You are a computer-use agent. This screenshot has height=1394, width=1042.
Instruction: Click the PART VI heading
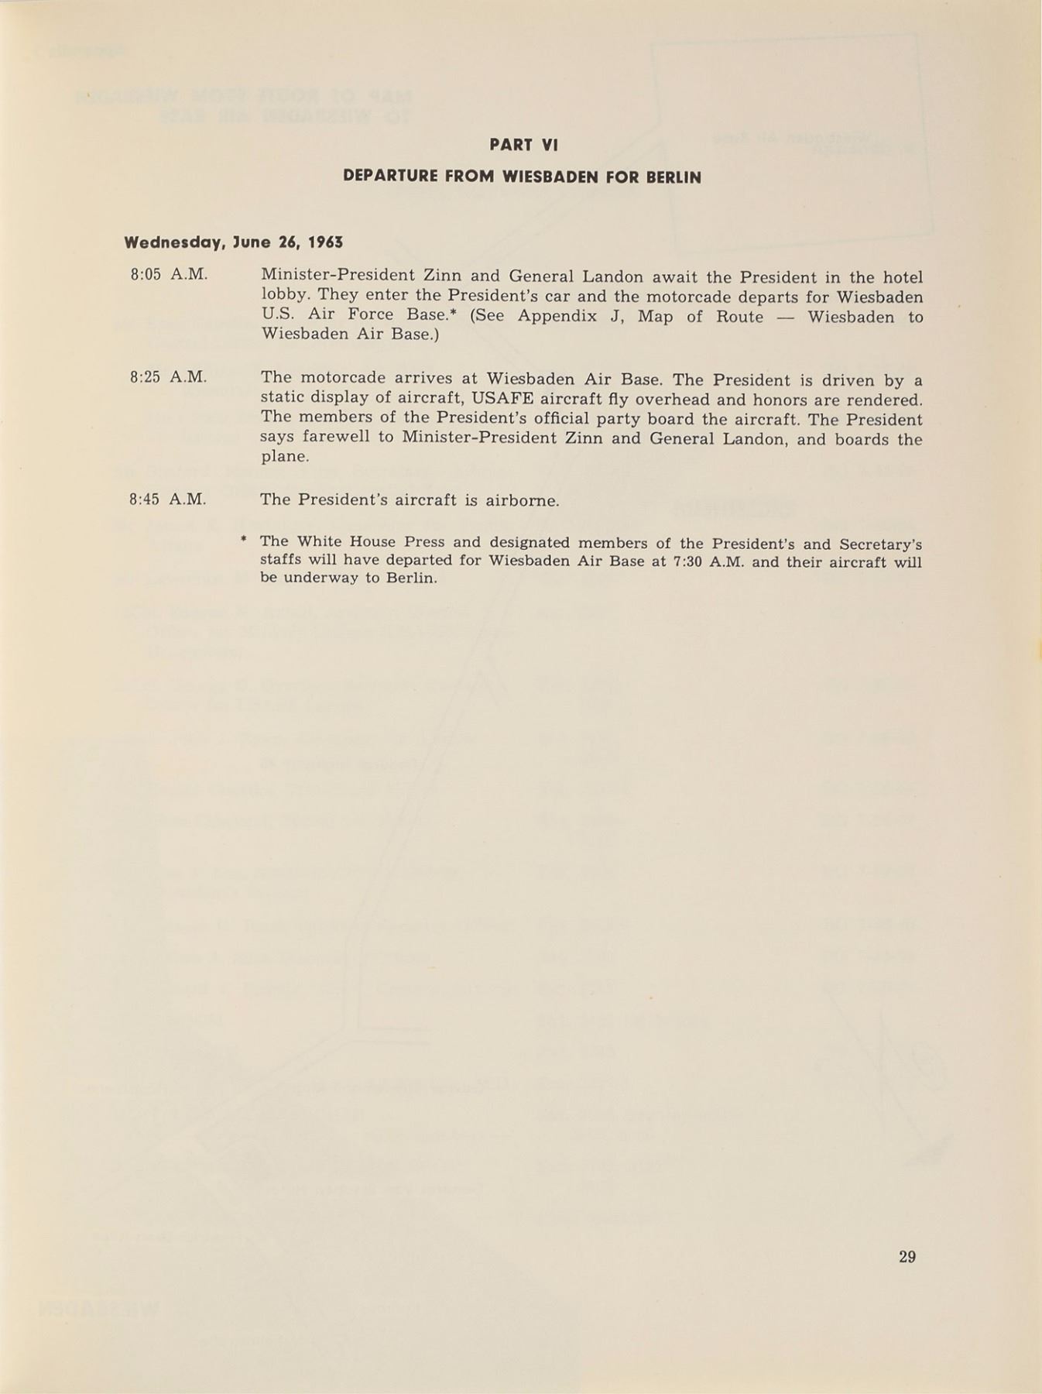tap(523, 145)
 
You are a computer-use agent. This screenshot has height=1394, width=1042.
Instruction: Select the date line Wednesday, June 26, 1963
tap(234, 242)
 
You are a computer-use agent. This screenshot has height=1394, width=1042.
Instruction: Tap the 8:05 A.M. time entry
tap(169, 274)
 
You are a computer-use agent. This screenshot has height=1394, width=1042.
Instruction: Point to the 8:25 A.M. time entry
tap(169, 377)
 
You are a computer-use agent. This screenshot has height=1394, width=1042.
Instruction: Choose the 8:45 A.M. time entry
tap(168, 500)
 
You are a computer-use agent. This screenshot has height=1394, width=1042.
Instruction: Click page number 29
tap(907, 1256)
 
